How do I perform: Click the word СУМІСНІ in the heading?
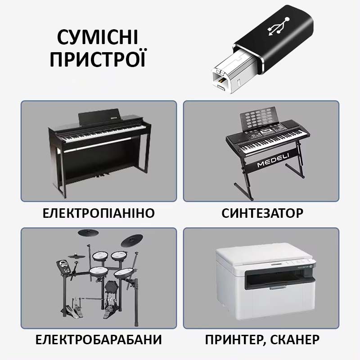point(98,37)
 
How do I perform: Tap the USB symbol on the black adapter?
point(279,27)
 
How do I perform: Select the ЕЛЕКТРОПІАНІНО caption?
point(99,213)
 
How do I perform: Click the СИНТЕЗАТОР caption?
point(262,213)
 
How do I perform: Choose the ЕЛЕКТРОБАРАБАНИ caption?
point(99,340)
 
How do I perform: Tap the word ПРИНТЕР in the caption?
point(234,340)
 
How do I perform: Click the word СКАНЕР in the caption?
point(295,340)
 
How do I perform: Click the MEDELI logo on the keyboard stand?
point(273,160)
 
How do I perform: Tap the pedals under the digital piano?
point(102,175)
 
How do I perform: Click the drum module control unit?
point(64,266)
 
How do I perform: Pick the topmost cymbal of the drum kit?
point(88,233)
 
